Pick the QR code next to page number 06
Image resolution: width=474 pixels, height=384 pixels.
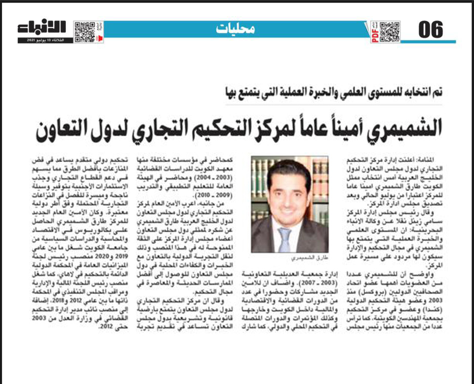click(x=389, y=31)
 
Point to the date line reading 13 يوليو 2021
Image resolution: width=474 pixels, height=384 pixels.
click(x=45, y=40)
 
